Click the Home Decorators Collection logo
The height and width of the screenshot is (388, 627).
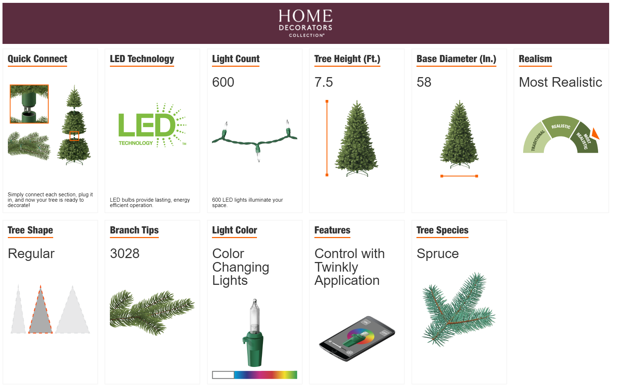pos(305,23)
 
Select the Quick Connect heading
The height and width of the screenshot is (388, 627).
pos(37,59)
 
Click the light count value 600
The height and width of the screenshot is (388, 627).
pos(223,82)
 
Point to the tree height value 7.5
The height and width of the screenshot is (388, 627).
pos(324,82)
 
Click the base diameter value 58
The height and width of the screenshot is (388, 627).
pos(424,82)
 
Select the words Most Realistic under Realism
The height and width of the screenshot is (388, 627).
pos(560,82)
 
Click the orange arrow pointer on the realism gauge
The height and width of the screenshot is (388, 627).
pos(595,133)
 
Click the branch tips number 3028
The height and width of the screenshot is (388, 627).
pos(125,253)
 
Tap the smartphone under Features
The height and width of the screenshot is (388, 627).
pos(357,338)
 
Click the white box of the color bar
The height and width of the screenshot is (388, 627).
pos(223,375)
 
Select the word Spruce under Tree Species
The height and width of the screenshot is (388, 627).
pos(438,253)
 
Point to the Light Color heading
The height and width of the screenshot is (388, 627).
pos(234,230)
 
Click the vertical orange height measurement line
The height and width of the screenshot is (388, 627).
pos(327,138)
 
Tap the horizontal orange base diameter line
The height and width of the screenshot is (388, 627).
pos(459,176)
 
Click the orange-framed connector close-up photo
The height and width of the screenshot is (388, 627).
pos(29,104)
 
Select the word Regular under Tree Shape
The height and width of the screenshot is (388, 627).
pos(31,254)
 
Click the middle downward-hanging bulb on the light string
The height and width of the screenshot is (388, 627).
pos(258,153)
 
